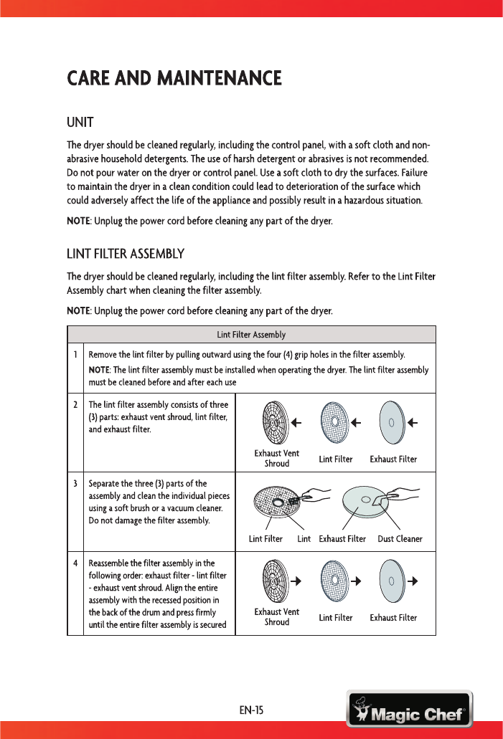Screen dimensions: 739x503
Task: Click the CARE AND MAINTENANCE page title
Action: (174, 77)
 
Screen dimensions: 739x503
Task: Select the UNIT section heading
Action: (81, 119)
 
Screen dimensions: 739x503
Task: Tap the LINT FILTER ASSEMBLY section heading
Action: (126, 254)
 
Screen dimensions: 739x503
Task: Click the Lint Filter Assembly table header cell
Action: (251, 335)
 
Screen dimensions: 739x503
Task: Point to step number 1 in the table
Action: (75, 355)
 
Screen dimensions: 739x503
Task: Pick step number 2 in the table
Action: (75, 404)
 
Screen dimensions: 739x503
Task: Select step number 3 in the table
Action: (75, 483)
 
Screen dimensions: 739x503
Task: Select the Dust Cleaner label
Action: (400, 539)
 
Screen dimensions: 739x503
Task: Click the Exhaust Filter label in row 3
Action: (342, 539)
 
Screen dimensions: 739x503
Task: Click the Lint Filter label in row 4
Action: (336, 617)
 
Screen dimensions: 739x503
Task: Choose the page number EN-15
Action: (251, 710)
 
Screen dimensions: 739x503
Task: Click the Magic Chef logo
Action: (409, 710)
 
